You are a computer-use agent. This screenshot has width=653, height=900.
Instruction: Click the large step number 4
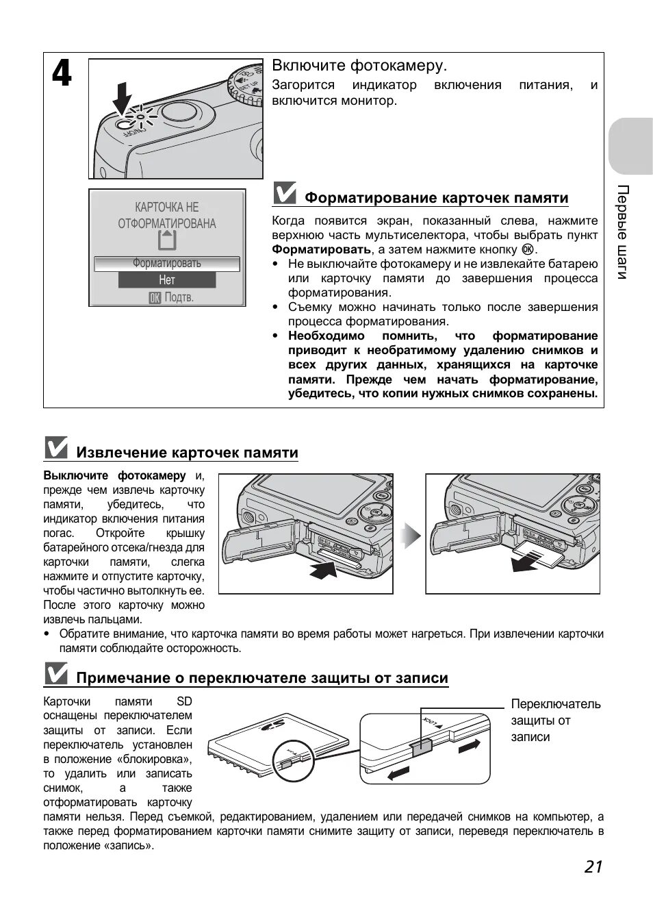(x=62, y=73)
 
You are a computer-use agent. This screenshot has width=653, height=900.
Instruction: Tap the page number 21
(x=593, y=866)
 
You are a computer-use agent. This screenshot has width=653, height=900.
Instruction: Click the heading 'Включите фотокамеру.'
(x=359, y=66)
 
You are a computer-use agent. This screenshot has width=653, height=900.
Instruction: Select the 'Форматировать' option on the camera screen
(x=167, y=264)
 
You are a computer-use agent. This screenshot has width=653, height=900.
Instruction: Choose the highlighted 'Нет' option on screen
(x=167, y=280)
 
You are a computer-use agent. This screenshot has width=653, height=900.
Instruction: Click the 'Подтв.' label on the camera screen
(x=171, y=297)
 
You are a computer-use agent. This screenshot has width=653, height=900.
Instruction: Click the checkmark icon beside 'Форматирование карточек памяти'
(x=284, y=194)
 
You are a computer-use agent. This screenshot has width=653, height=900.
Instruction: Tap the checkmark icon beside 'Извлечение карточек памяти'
(x=55, y=448)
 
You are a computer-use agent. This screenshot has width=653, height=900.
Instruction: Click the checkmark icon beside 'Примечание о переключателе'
(x=55, y=674)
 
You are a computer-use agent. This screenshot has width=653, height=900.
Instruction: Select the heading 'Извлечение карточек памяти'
(x=187, y=453)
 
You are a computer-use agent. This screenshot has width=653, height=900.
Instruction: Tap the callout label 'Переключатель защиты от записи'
(x=555, y=720)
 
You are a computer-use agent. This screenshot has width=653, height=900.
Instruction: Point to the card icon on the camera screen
(x=166, y=240)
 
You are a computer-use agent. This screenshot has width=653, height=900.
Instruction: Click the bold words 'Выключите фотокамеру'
(x=114, y=475)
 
